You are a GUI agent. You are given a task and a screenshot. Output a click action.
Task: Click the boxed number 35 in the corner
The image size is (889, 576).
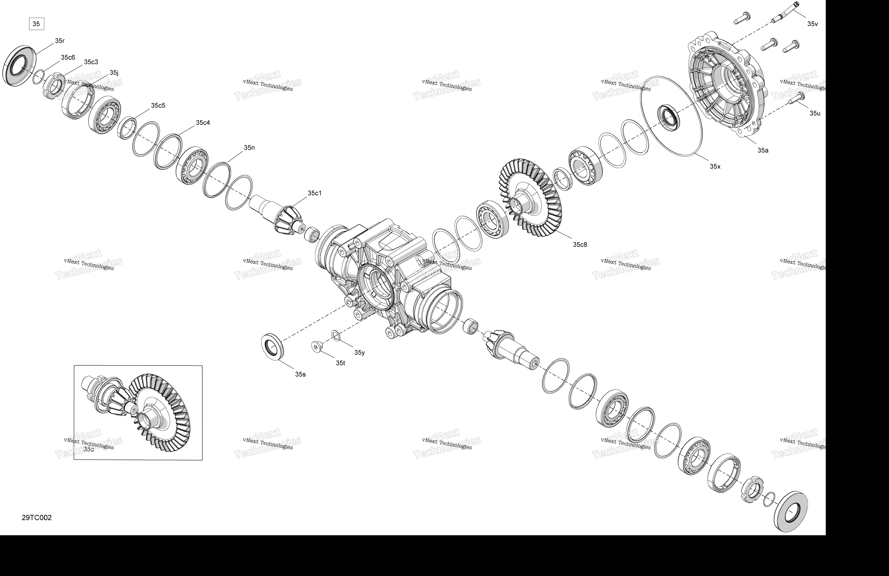click(36, 24)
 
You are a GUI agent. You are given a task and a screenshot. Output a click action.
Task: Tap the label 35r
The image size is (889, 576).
click(60, 41)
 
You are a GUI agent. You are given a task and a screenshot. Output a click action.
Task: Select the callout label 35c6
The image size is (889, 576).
click(68, 57)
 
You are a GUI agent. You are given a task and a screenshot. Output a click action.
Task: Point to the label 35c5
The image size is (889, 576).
click(158, 105)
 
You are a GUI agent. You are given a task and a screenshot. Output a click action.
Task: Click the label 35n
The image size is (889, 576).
click(249, 147)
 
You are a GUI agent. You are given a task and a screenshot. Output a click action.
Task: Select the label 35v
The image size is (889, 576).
click(812, 24)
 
